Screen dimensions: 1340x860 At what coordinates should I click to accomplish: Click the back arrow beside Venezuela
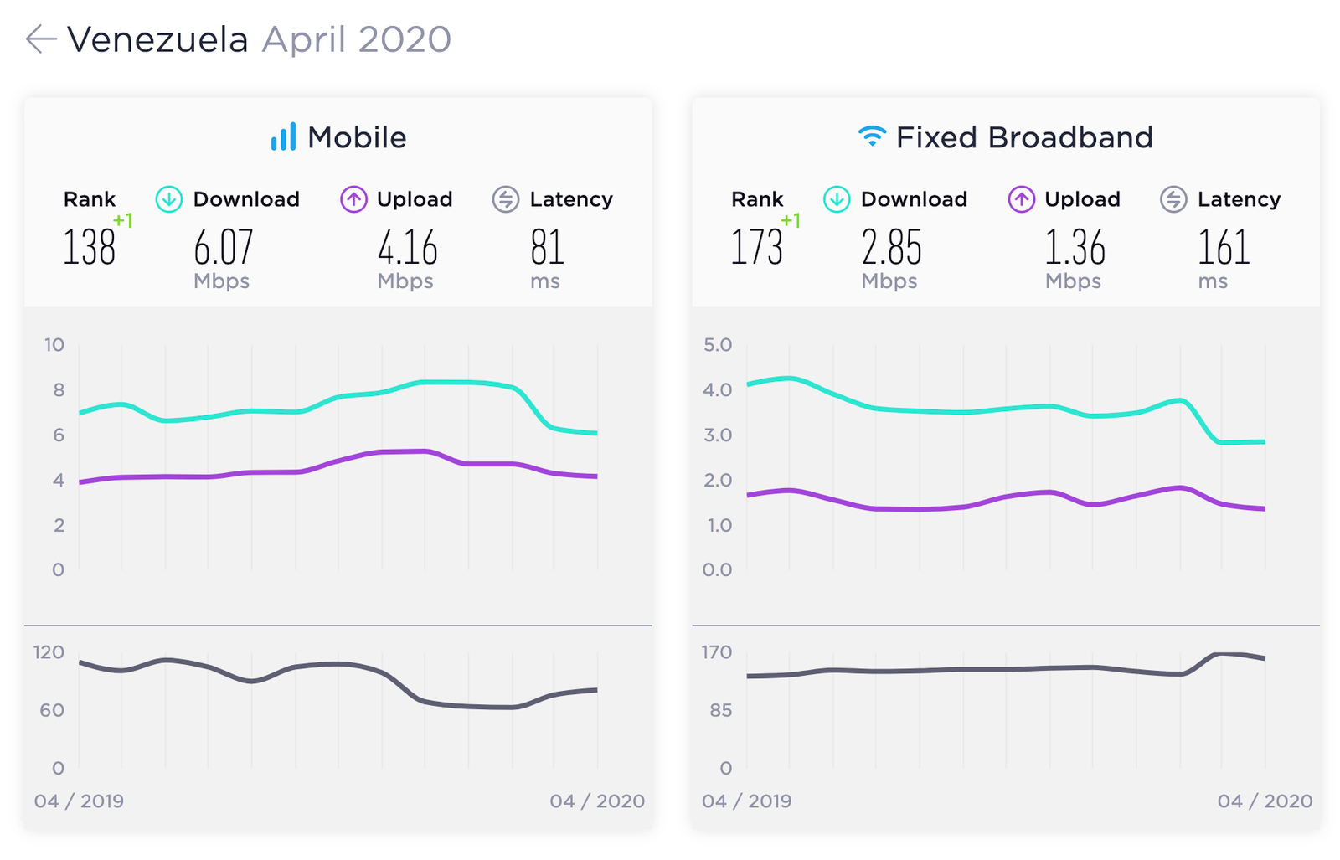(41, 39)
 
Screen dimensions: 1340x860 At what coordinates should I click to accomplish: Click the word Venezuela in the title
(157, 40)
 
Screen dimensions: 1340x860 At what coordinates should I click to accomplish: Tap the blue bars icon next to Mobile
(283, 136)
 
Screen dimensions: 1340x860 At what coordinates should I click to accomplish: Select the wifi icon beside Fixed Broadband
(872, 136)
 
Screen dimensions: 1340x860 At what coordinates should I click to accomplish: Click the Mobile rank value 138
(89, 247)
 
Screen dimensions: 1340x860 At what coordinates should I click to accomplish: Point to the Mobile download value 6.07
(223, 247)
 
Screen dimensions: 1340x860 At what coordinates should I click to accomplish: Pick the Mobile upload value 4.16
(407, 247)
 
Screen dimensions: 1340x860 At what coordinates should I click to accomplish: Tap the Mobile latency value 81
(547, 247)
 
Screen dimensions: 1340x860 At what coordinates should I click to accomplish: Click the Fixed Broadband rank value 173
(757, 247)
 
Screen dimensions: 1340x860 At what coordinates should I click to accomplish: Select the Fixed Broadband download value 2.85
(891, 247)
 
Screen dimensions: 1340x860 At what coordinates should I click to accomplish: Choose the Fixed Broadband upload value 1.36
(1075, 247)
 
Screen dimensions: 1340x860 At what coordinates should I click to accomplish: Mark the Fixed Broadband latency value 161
(1224, 247)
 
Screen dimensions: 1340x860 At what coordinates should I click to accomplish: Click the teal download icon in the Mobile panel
(169, 199)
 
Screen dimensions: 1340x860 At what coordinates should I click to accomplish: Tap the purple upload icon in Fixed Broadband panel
(1022, 199)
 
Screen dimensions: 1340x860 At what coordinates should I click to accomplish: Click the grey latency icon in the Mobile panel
(506, 199)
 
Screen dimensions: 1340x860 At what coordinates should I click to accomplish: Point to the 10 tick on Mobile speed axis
(54, 345)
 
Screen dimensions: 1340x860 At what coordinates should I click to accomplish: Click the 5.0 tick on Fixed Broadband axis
(718, 345)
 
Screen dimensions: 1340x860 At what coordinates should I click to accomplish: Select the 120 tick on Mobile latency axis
(49, 651)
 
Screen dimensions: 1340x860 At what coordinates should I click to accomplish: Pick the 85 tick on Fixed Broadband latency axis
(721, 710)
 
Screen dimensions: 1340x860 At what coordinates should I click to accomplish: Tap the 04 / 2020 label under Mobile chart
(597, 801)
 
